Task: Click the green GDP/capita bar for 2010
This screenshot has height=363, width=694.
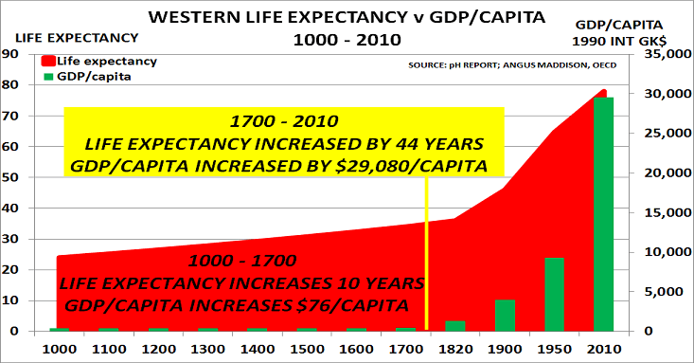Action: click(603, 214)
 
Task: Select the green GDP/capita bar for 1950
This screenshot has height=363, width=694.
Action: click(554, 295)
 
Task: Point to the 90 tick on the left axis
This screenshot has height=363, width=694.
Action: click(11, 55)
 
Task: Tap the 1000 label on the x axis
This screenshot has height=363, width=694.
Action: click(60, 348)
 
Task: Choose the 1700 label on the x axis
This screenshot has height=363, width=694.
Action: click(405, 348)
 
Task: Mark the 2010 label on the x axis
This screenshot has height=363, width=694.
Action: click(603, 348)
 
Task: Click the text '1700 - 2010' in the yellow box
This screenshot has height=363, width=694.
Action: click(283, 123)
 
